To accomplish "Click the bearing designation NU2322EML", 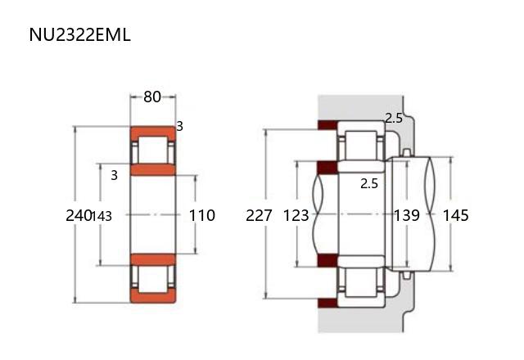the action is [79, 34].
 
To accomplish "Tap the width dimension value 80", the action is [152, 97].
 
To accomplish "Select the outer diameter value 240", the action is [79, 215].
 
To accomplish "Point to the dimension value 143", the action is [102, 216].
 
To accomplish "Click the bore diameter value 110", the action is [202, 215].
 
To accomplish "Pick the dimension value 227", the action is [259, 215].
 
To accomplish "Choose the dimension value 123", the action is [296, 215].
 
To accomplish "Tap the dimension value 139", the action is [407, 215].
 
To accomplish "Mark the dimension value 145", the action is [455, 215].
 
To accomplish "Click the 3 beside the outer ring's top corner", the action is [180, 126].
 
